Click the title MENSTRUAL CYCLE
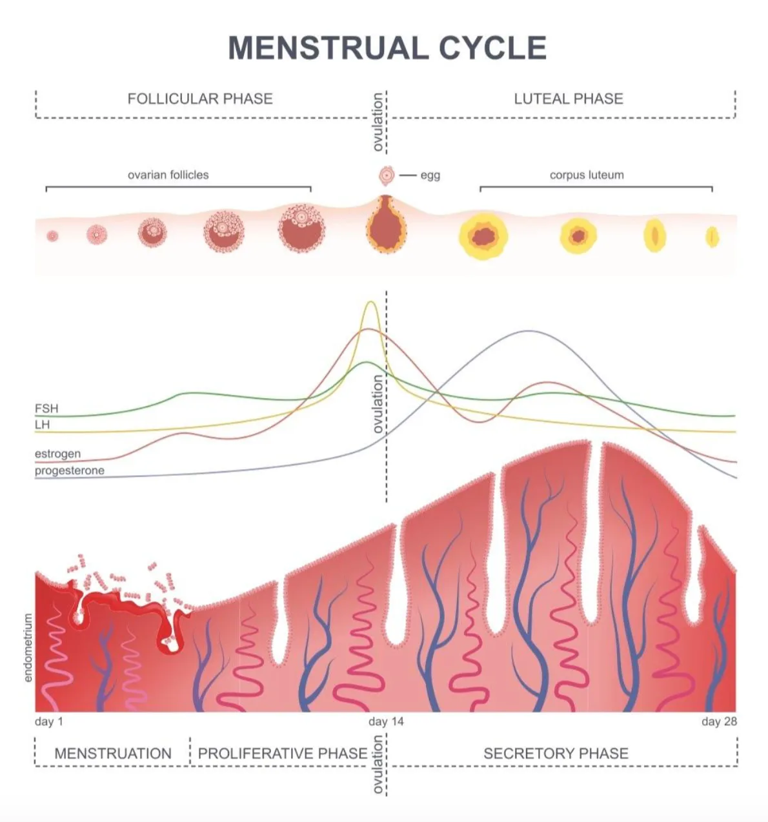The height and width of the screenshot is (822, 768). pos(387,48)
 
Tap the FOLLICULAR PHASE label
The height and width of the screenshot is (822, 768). pos(200,99)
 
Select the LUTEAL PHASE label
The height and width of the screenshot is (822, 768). pos(569,99)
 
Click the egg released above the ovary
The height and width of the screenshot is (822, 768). pos(387,175)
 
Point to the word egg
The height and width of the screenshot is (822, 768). pos(430,176)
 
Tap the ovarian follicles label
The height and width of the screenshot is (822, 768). pos(168,175)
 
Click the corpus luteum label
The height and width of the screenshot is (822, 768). pos(587,175)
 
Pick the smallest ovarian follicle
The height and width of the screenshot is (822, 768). pos(52,236)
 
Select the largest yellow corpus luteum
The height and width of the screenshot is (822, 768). pos(483,237)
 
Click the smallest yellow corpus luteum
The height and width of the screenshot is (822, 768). pos(712,237)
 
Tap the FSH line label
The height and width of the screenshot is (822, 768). pos(46,408)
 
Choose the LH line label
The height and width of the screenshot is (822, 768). pos(42,425)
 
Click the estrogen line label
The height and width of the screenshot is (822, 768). pos(57,454)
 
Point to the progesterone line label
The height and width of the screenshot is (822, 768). pos(70,470)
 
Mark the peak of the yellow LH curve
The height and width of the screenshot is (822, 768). pos(370,302)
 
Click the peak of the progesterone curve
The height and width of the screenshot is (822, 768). pos(530,331)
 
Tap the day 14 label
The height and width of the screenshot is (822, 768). pos(386,721)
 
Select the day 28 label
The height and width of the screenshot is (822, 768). pos(719,721)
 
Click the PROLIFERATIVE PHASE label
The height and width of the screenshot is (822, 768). pos(283,754)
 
